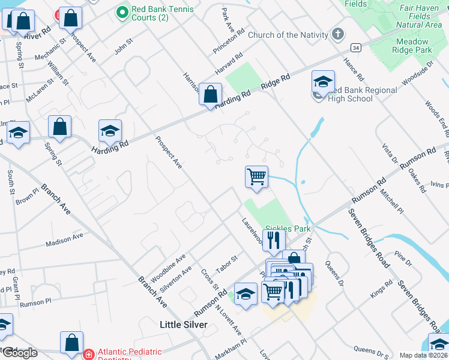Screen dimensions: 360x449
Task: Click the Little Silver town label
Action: pos(183,325)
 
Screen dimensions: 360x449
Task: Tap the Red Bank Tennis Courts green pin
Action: pos(122,11)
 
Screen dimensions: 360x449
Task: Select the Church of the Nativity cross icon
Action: pos(338,34)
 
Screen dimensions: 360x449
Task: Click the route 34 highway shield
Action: pos(356,47)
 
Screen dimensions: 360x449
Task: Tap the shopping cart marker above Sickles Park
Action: pos(256,177)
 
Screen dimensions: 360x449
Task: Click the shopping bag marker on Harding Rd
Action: pos(211,95)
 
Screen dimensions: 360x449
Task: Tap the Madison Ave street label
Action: pos(64,240)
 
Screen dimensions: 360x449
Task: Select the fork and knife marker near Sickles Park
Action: pos(273,240)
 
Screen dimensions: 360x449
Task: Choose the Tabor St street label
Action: pos(227,263)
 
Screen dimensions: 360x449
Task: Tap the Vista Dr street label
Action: pos(390,154)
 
